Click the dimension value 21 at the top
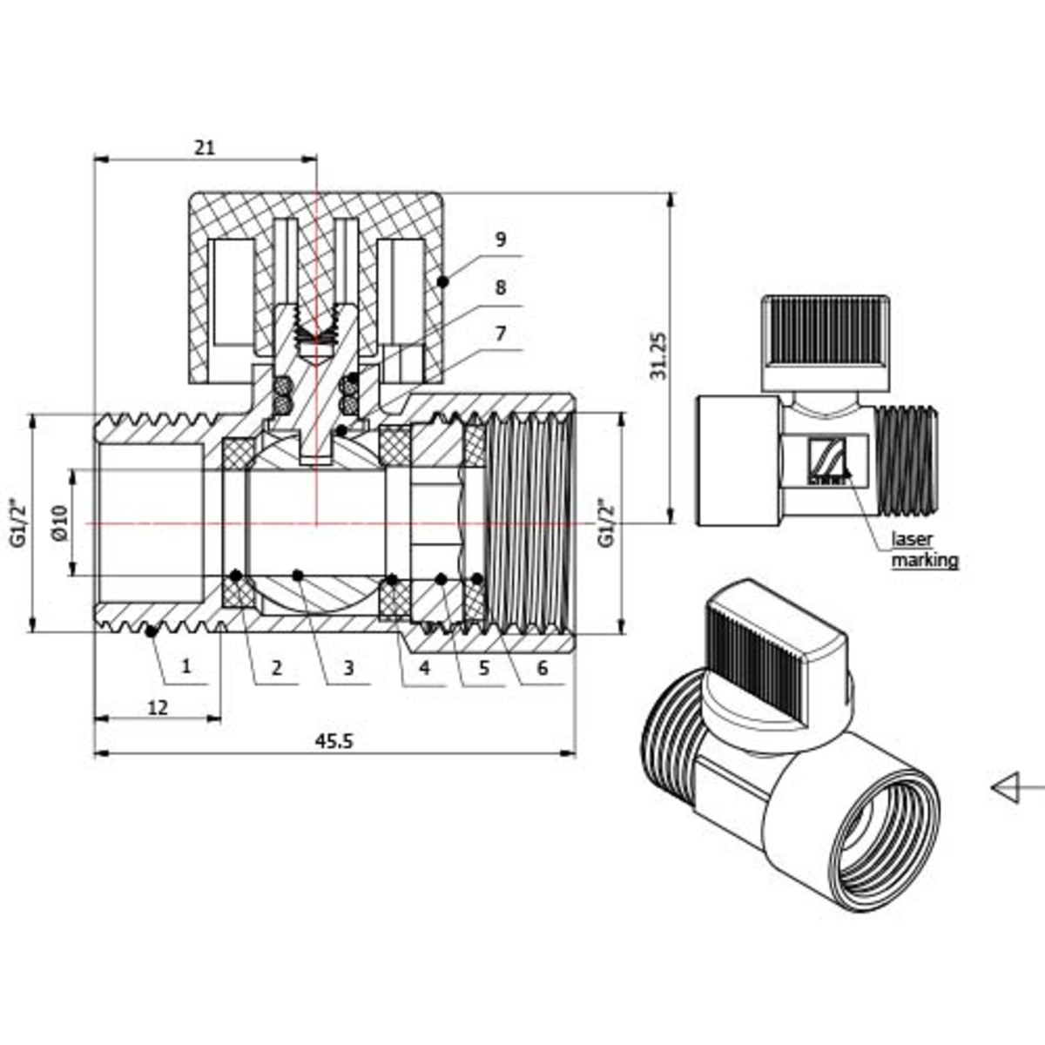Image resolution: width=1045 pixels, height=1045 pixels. [x=204, y=147]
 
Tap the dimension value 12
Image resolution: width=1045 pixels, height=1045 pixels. [x=158, y=707]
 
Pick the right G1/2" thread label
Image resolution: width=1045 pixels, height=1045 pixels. [x=605, y=522]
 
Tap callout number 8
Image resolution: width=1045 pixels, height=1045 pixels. [x=500, y=287]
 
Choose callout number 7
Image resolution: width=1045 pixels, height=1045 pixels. [x=500, y=334]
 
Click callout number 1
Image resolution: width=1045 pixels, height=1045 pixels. [x=185, y=667]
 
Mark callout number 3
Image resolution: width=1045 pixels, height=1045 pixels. [x=347, y=668]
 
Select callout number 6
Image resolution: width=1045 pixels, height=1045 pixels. [x=542, y=668]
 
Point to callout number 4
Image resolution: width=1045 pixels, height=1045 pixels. [x=424, y=668]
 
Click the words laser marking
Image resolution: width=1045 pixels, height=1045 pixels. [x=924, y=549]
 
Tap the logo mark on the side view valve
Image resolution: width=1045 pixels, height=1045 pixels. [x=827, y=460]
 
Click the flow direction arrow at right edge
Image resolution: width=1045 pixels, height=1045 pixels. [x=1010, y=788]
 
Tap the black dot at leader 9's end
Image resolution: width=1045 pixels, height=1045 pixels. [x=443, y=281]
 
